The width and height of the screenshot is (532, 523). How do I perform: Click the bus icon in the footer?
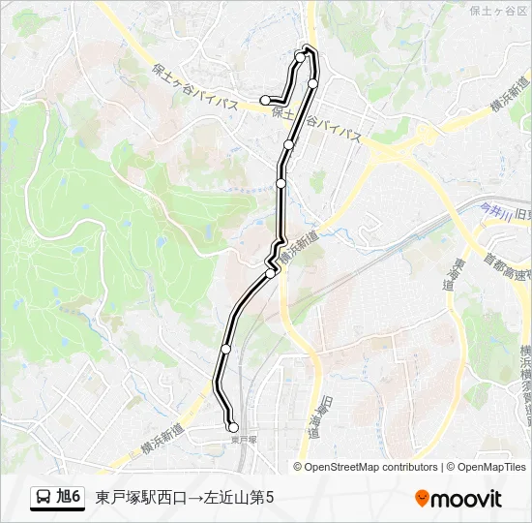click(x=44, y=498)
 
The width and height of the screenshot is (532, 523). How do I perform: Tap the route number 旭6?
click(x=69, y=498)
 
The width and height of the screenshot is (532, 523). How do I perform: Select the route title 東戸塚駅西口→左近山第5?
click(x=185, y=498)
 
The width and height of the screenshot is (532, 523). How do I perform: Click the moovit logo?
click(x=458, y=499)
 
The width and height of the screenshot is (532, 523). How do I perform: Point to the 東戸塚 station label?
click(x=244, y=439)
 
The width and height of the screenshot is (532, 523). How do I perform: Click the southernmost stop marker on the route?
click(x=232, y=427)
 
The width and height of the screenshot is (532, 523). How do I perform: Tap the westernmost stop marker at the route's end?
click(x=265, y=99)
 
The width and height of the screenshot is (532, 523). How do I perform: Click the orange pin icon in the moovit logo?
click(x=422, y=499)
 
